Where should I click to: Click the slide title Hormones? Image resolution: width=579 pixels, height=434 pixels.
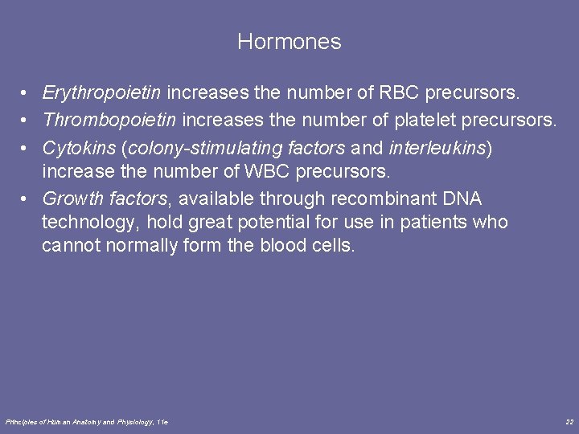289,42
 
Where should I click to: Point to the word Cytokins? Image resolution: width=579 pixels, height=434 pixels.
78,148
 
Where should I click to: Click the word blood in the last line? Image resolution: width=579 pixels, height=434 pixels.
283,245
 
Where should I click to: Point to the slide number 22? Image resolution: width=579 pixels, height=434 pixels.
569,421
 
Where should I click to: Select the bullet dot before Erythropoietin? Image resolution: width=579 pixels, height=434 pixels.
27,94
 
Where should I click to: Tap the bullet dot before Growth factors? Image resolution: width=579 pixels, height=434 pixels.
27,199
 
